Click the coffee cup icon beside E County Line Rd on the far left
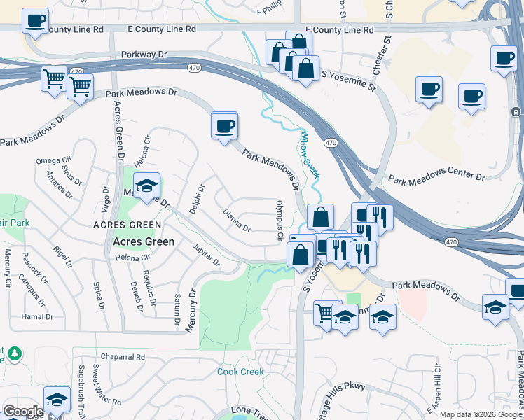click(x=35, y=20)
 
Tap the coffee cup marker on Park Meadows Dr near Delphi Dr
click(x=224, y=126)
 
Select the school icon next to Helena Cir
click(x=146, y=186)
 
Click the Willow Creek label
click(x=310, y=154)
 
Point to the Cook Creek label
click(x=240, y=372)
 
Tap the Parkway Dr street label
click(x=145, y=54)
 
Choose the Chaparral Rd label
click(x=123, y=356)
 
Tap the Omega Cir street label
click(x=54, y=161)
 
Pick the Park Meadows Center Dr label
click(x=436, y=178)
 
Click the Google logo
click(x=23, y=412)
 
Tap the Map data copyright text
click(x=480, y=414)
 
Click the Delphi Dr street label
click(x=200, y=199)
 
